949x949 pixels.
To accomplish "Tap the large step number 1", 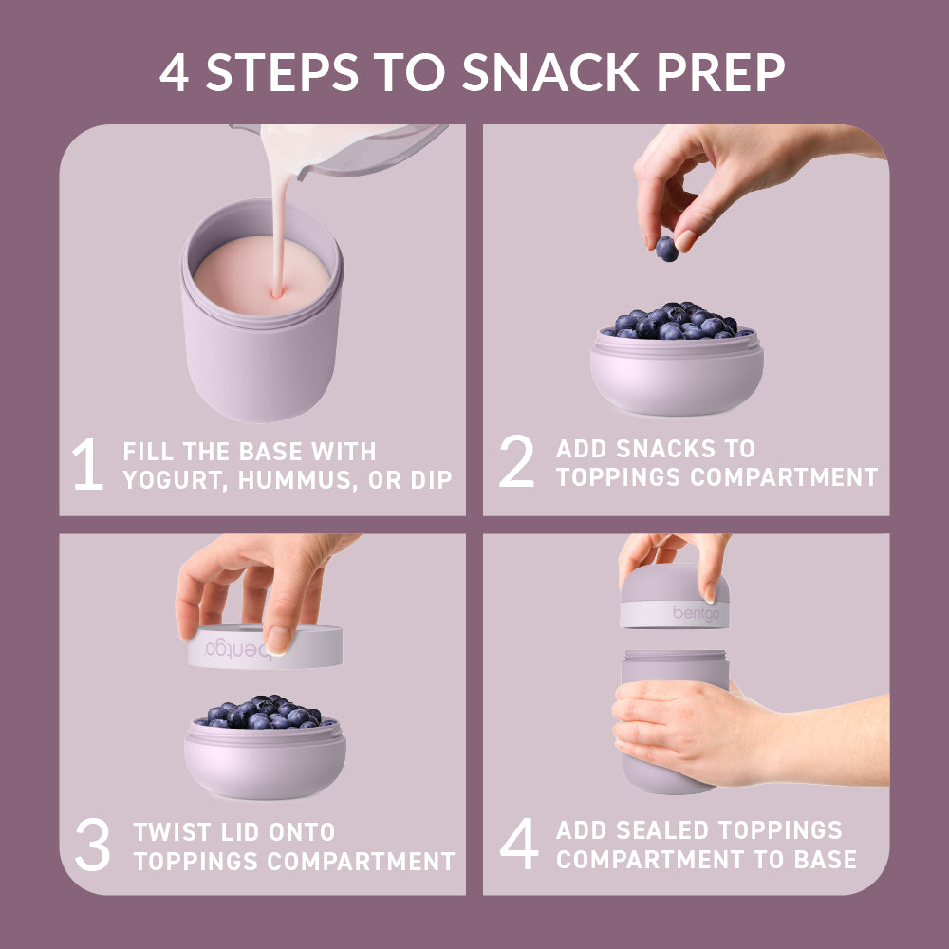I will (x=87, y=466).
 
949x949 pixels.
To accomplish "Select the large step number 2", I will (x=517, y=463).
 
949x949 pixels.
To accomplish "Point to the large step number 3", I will (x=93, y=847).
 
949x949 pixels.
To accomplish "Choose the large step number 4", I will (x=519, y=846).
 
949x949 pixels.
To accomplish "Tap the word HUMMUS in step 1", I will (x=286, y=480).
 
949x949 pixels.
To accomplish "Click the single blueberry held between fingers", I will (x=667, y=249).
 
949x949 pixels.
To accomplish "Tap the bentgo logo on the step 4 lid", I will (x=698, y=613).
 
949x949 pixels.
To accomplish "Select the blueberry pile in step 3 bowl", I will (x=266, y=713).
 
